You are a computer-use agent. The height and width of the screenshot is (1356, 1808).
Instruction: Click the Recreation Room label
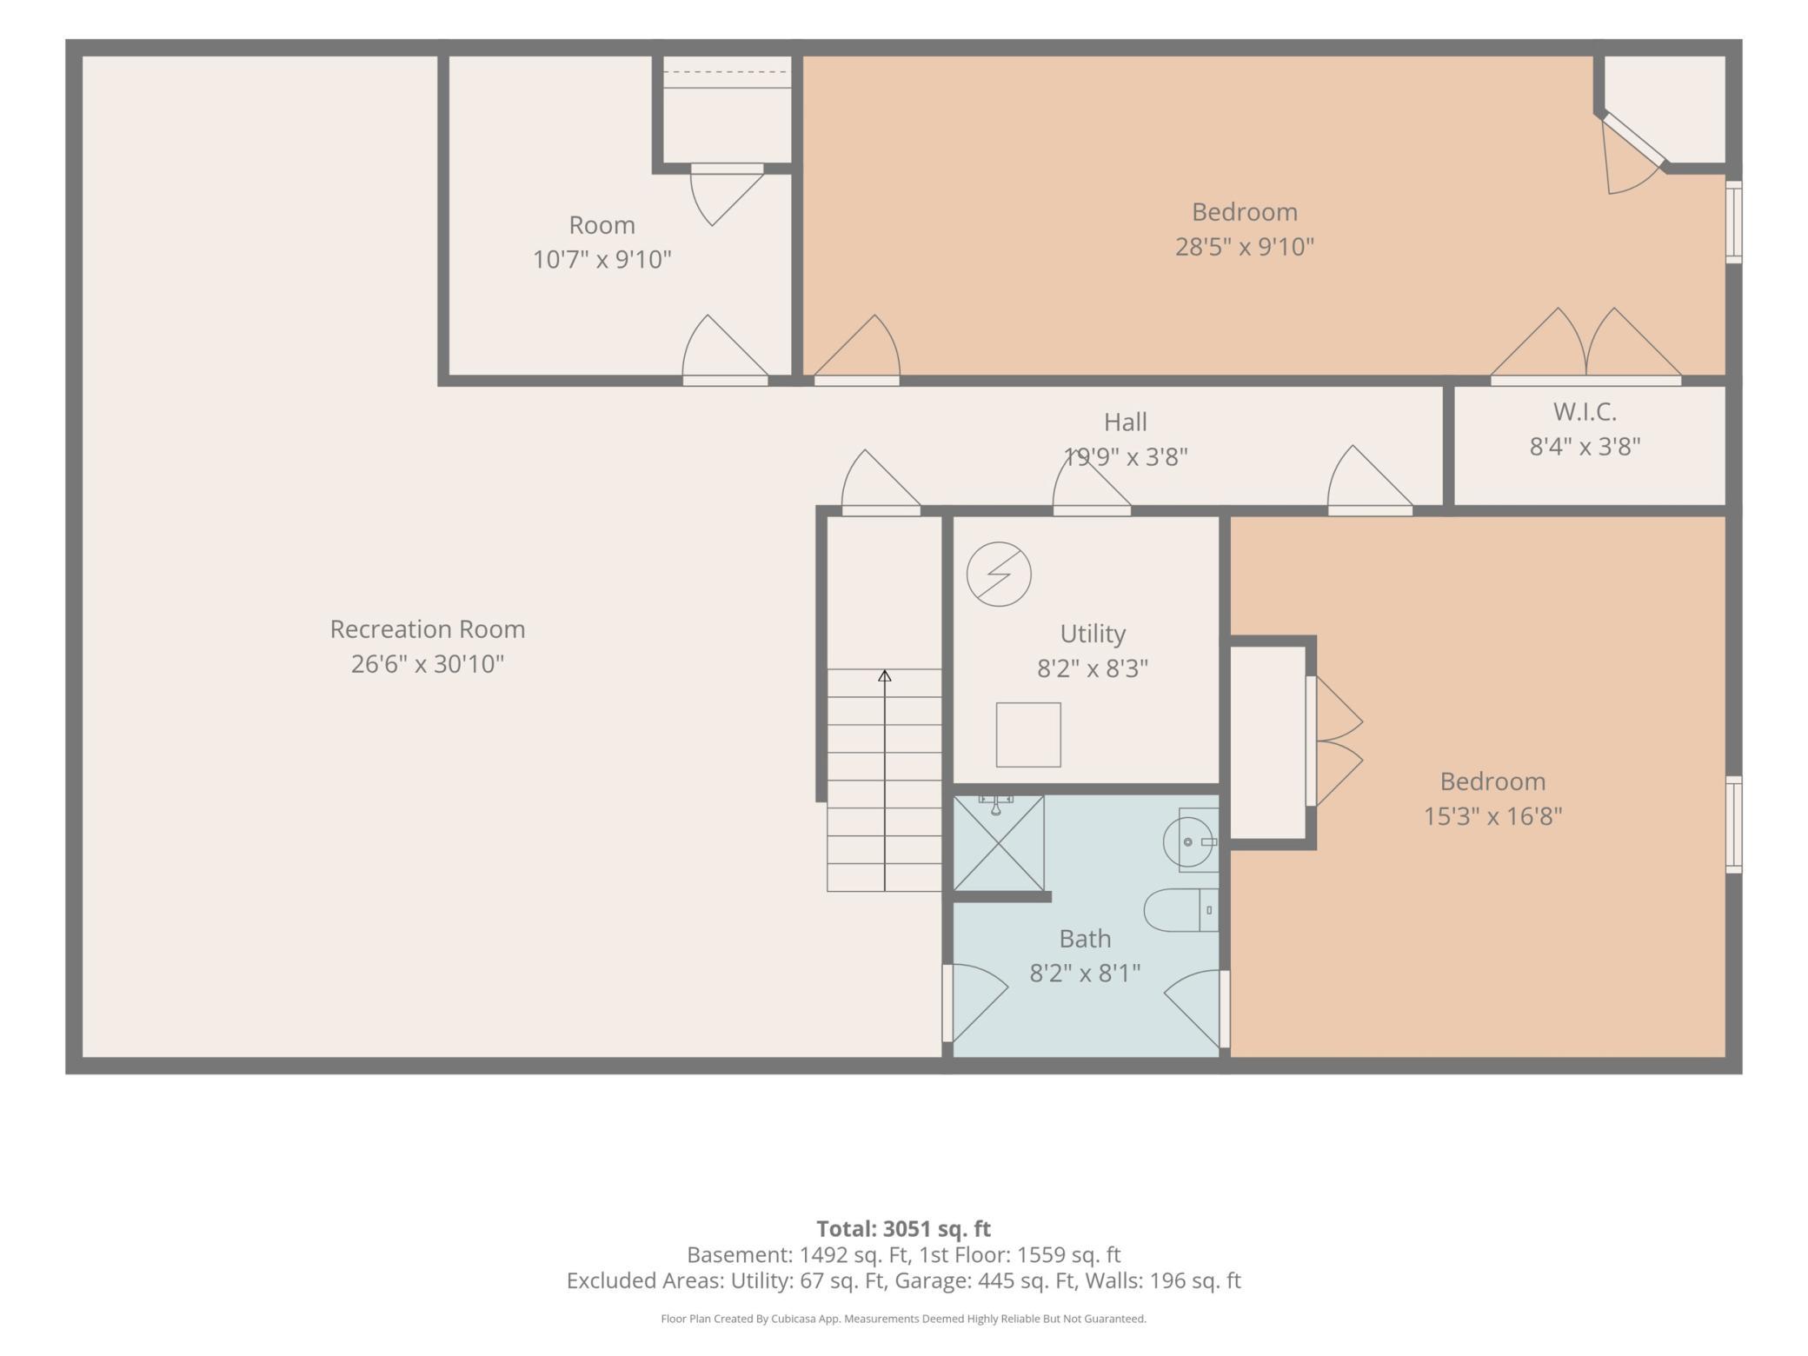pos(427,629)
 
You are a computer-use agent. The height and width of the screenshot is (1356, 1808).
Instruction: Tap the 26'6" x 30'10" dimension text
pos(427,664)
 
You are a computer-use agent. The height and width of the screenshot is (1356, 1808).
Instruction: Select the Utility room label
pos(1093,635)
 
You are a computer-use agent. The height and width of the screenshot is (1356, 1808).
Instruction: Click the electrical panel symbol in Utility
pos(999,574)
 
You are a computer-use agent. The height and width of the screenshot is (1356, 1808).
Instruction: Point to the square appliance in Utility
pos(1028,734)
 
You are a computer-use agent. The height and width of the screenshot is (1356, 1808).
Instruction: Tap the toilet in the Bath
pos(1181,910)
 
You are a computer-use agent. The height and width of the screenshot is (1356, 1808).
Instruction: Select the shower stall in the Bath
pos(999,842)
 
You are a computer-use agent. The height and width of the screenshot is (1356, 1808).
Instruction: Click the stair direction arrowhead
pos(884,675)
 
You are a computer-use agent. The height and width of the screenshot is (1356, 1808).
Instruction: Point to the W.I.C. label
pos(1585,411)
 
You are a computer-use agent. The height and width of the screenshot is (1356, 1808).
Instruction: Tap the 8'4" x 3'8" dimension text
pos(1585,446)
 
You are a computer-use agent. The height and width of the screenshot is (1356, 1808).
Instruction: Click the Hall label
pos(1126,422)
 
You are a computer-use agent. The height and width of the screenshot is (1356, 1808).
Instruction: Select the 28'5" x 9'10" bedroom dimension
pos(1245,247)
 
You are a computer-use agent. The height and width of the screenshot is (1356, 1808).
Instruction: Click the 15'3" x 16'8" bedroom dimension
pos(1492,816)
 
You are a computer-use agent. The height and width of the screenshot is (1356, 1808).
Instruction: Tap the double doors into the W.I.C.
pos(1586,346)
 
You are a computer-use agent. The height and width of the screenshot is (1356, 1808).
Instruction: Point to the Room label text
pos(602,225)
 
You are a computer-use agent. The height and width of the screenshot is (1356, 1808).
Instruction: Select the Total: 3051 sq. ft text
pos(903,1228)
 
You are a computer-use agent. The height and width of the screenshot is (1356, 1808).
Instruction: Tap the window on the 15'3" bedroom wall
pos(1733,824)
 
